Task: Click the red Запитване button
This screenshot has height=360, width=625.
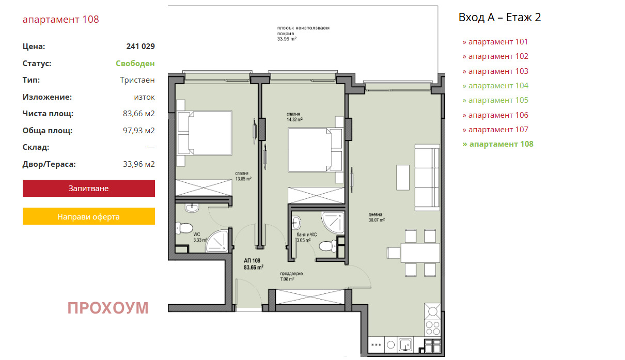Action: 89,189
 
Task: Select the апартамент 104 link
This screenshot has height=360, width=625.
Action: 495,86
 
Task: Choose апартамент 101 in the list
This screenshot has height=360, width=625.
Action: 495,42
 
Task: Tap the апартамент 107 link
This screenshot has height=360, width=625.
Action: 495,130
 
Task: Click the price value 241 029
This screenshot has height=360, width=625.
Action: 140,46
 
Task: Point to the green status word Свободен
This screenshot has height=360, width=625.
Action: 135,64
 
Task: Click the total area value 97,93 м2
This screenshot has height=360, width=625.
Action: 138,131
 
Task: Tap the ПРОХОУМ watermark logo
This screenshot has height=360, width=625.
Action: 108,308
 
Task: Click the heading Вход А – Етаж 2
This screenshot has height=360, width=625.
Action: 499,17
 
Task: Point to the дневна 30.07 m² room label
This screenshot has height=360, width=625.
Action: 377,217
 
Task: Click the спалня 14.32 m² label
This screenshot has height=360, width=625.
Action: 294,117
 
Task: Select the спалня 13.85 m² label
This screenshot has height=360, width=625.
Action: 243,176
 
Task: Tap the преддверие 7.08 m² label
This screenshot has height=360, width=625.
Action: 291,276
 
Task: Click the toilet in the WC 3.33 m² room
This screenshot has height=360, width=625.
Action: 184,228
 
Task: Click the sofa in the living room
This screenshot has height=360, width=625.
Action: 427,178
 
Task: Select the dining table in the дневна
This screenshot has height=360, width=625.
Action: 420,253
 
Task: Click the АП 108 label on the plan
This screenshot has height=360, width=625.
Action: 252,261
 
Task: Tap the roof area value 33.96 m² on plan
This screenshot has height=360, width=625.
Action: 287,39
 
